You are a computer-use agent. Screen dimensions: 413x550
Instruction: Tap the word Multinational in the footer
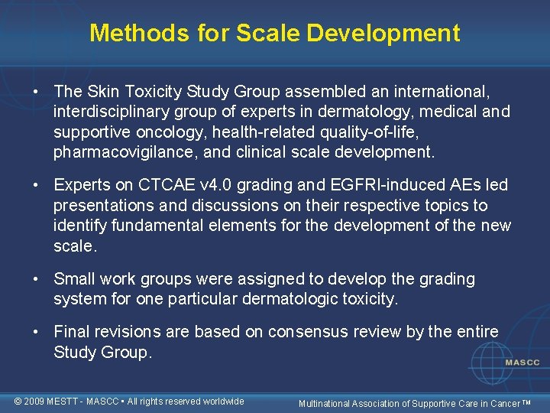326,402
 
